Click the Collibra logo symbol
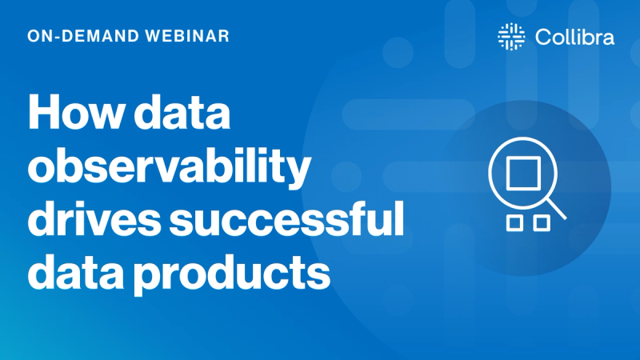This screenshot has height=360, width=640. point(507,37)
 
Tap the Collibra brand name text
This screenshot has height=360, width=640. point(572,37)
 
